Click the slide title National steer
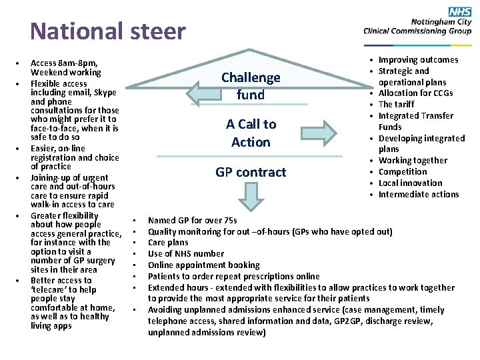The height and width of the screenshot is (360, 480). [108, 31]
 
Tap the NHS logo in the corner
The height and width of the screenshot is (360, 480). [460, 11]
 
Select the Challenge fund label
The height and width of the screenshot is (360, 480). [251, 86]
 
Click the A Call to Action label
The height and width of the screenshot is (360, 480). [251, 133]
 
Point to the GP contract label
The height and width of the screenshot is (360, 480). [251, 172]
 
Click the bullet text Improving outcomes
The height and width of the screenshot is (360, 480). [418, 60]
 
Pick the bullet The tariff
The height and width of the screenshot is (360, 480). [396, 105]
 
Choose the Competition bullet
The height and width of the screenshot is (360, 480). [403, 172]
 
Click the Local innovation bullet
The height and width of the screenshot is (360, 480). [410, 183]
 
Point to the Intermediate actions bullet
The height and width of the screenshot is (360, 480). [419, 195]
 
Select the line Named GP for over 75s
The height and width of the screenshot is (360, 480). [192, 221]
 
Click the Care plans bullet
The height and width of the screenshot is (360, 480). [168, 243]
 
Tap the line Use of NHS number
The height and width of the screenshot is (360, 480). [186, 254]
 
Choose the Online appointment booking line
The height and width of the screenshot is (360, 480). [203, 265]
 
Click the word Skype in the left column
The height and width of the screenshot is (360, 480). [105, 93]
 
